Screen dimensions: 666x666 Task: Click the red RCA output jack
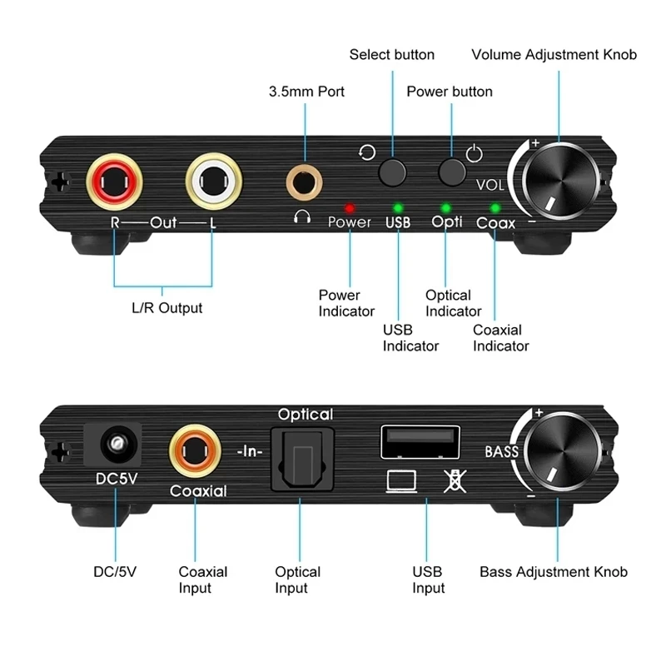pyautogui.click(x=113, y=177)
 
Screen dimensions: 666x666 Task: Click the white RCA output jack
pyautogui.click(x=212, y=177)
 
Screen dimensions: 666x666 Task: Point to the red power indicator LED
pyautogui.click(x=350, y=207)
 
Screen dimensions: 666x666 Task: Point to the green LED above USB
pyautogui.click(x=398, y=207)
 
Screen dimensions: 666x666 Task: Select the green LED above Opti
pyautogui.click(x=446, y=207)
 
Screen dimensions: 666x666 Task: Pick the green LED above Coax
pyautogui.click(x=495, y=207)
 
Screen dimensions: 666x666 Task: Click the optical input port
pyautogui.click(x=305, y=455)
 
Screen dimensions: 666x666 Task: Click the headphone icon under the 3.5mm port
pyautogui.click(x=302, y=218)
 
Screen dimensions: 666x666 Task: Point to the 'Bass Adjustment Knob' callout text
pyautogui.click(x=554, y=572)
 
